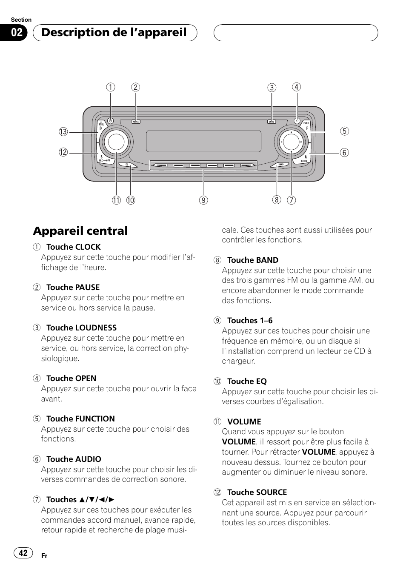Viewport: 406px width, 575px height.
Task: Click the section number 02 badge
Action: click(17, 33)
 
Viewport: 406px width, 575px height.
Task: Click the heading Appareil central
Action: click(80, 231)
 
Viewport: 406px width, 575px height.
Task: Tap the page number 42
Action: click(23, 553)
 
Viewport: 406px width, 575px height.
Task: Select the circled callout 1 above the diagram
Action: click(111, 87)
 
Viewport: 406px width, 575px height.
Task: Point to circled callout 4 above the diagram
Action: click(297, 87)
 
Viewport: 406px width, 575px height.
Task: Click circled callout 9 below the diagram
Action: click(203, 200)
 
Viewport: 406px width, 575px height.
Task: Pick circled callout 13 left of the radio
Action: click(63, 132)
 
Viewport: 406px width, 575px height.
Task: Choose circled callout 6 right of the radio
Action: click(344, 153)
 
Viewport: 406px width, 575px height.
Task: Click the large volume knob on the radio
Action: click(116, 142)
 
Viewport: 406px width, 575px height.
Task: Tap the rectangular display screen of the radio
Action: click(204, 141)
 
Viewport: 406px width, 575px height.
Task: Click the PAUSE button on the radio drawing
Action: click(136, 122)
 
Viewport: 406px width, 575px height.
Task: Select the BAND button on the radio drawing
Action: click(280, 165)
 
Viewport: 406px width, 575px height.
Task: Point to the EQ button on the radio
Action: click(127, 165)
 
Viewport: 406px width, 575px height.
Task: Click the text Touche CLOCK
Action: click(73, 247)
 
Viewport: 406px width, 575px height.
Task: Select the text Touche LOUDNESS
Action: click(81, 328)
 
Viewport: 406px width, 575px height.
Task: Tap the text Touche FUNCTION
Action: click(80, 419)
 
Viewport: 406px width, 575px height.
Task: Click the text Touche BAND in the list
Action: click(253, 260)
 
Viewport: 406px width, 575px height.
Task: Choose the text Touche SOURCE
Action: click(257, 492)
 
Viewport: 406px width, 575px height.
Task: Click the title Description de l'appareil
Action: click(114, 33)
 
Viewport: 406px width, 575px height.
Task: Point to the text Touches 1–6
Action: click(250, 321)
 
